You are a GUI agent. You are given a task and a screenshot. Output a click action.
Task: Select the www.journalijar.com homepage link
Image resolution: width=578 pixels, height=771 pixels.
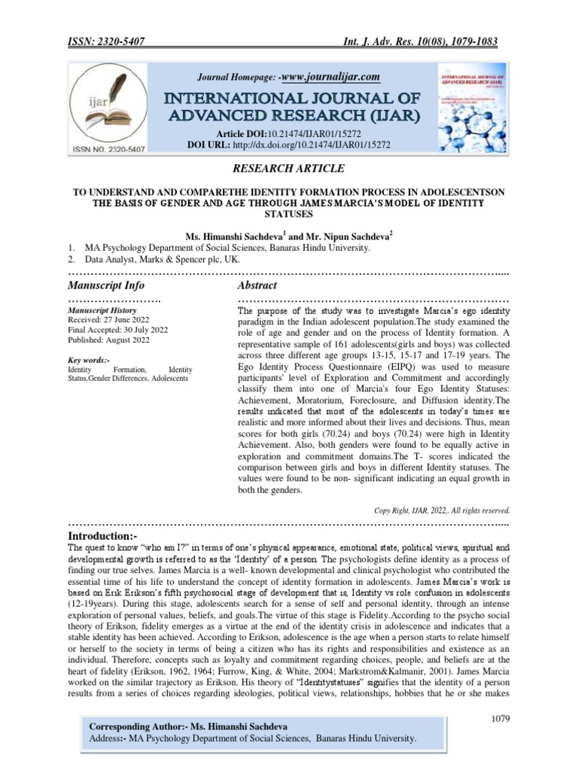330,77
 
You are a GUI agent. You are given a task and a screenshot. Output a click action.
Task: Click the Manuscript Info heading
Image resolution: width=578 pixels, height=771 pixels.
106,286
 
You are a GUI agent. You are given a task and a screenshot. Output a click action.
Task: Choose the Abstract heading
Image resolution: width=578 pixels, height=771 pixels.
257,286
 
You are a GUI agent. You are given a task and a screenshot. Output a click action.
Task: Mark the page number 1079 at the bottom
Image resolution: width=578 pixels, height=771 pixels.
500,719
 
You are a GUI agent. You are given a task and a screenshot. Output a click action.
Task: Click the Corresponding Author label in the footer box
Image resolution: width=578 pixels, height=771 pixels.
135,727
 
